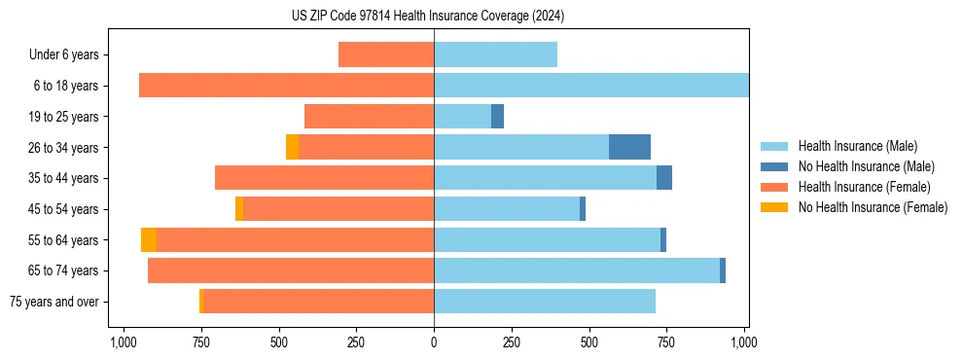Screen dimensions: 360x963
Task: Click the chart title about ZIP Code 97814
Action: pyautogui.click(x=428, y=17)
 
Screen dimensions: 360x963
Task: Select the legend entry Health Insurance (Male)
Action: pyautogui.click(x=857, y=146)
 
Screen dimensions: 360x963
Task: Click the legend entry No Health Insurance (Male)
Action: pyautogui.click(x=866, y=166)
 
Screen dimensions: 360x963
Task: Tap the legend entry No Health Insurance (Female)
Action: pyautogui.click(x=873, y=207)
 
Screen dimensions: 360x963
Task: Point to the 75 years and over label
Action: pyautogui.click(x=54, y=302)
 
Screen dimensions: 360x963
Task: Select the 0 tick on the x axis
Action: pyautogui.click(x=434, y=343)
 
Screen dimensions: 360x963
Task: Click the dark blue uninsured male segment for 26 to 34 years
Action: pyautogui.click(x=629, y=147)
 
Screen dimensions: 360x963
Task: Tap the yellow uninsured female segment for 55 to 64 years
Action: pyautogui.click(x=149, y=240)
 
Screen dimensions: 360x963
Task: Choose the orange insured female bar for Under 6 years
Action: pyautogui.click(x=386, y=54)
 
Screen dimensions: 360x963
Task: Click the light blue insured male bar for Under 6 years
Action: pyautogui.click(x=495, y=54)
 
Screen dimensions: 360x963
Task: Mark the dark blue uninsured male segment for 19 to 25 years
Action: pyautogui.click(x=497, y=117)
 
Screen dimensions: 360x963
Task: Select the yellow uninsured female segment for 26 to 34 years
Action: pyautogui.click(x=292, y=147)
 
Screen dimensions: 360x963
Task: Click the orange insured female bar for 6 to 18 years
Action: pyautogui.click(x=286, y=86)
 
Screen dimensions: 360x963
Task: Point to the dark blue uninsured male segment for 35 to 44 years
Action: pyautogui.click(x=664, y=178)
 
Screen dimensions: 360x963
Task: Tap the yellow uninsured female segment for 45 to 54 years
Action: pyautogui.click(x=239, y=209)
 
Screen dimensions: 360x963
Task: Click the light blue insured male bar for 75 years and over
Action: pyautogui.click(x=545, y=302)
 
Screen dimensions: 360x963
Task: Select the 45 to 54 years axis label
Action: pyautogui.click(x=63, y=209)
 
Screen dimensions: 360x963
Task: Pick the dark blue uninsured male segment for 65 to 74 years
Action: pyautogui.click(x=723, y=270)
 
